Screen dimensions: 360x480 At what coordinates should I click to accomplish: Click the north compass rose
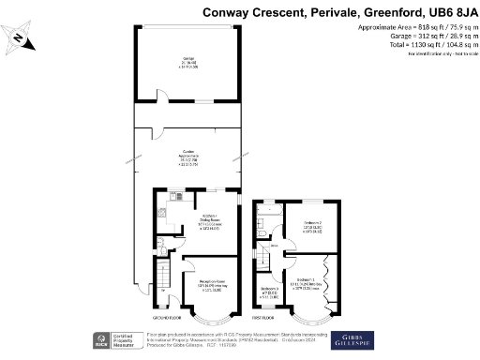pyautogui.click(x=21, y=38)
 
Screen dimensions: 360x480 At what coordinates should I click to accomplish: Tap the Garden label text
pyautogui.click(x=188, y=153)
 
